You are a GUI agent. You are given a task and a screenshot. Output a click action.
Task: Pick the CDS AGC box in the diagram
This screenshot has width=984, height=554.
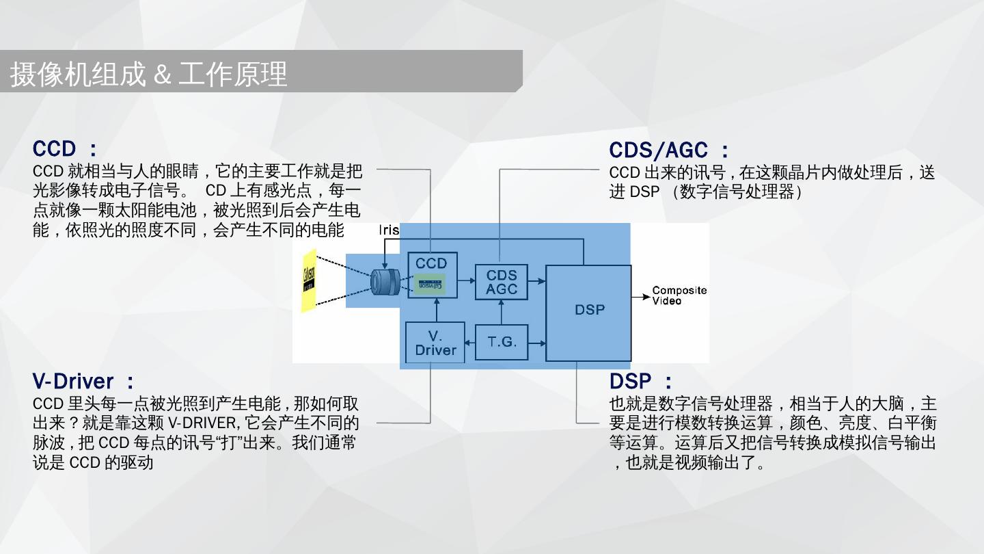pyautogui.click(x=502, y=282)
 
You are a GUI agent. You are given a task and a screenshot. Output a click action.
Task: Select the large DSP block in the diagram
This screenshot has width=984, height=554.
pyautogui.click(x=588, y=312)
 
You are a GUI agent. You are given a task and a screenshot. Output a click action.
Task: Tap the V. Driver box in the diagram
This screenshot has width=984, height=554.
pyautogui.click(x=435, y=343)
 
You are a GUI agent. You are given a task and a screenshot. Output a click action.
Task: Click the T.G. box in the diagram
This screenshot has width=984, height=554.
pyautogui.click(x=502, y=342)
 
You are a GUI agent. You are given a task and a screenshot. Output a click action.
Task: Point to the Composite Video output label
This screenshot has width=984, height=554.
pyautogui.click(x=679, y=295)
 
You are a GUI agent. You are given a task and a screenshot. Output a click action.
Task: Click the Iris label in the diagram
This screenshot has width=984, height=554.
pyautogui.click(x=389, y=230)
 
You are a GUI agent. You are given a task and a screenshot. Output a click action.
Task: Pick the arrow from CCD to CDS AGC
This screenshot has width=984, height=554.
pyautogui.click(x=467, y=280)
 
